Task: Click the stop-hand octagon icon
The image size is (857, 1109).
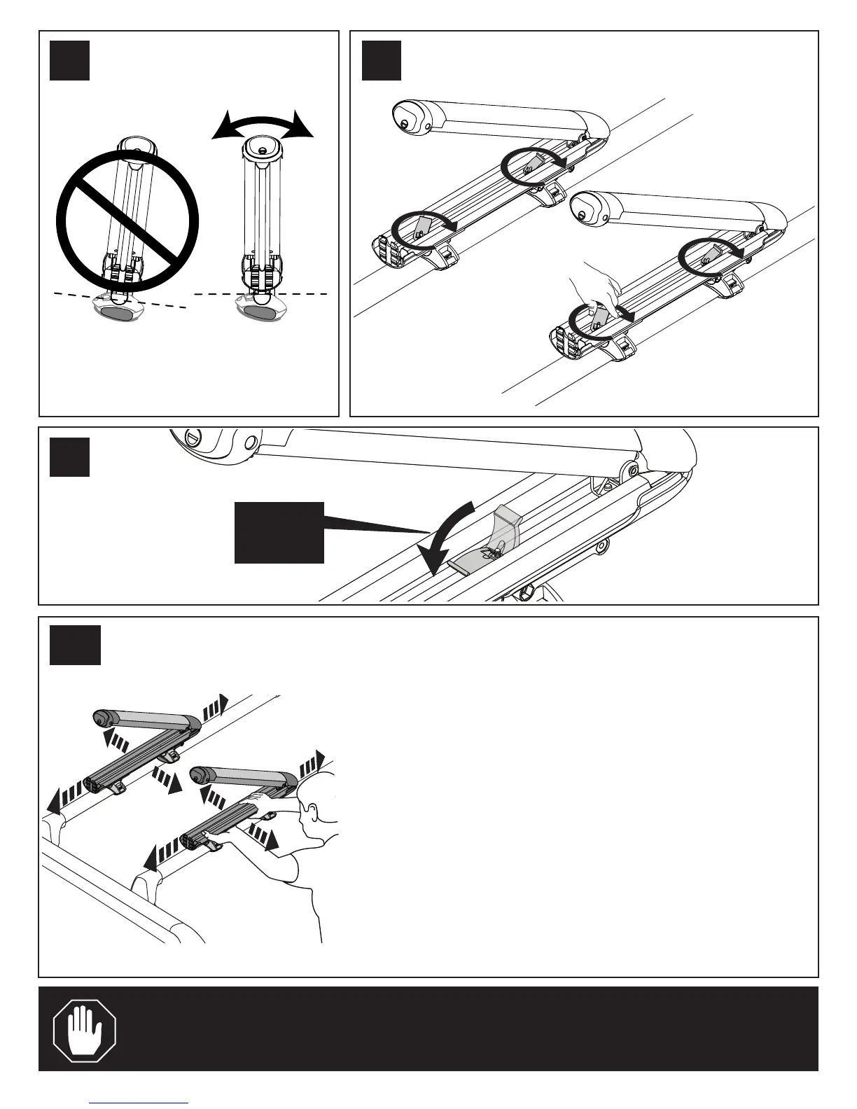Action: click(x=85, y=1029)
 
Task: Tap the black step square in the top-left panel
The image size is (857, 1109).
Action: click(x=70, y=60)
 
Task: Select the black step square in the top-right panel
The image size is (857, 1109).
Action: click(x=382, y=60)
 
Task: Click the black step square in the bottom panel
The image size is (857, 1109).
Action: click(x=75, y=644)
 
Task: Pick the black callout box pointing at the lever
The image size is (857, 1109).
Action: click(x=279, y=532)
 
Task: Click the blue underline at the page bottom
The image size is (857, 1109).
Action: click(x=139, y=1103)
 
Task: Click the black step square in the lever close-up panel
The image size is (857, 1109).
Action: click(x=70, y=456)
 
